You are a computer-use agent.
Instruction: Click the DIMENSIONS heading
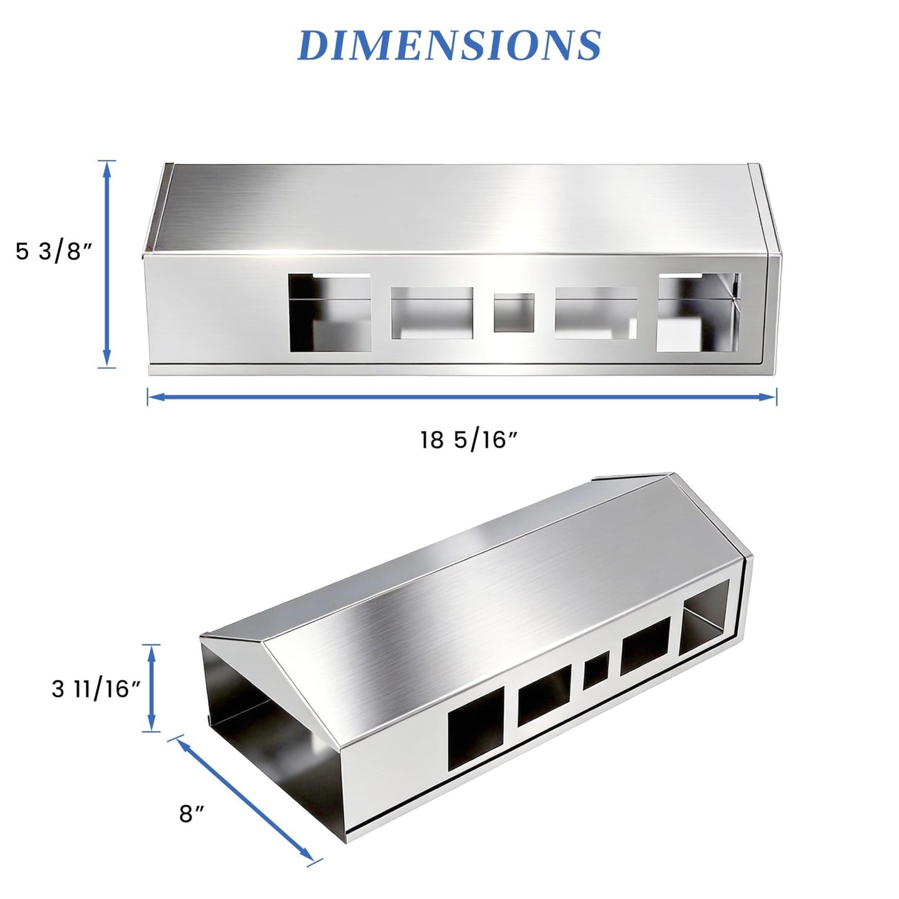[x=449, y=45]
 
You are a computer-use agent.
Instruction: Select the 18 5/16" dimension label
[x=469, y=439]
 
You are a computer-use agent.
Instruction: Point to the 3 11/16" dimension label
[x=96, y=689]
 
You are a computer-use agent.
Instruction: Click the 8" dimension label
[x=191, y=814]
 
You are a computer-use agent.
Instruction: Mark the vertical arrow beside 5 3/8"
[x=107, y=264]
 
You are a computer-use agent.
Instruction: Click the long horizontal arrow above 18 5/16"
[x=462, y=397]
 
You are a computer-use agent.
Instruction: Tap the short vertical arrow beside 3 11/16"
[x=151, y=688]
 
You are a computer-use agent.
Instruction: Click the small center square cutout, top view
[x=514, y=312]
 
